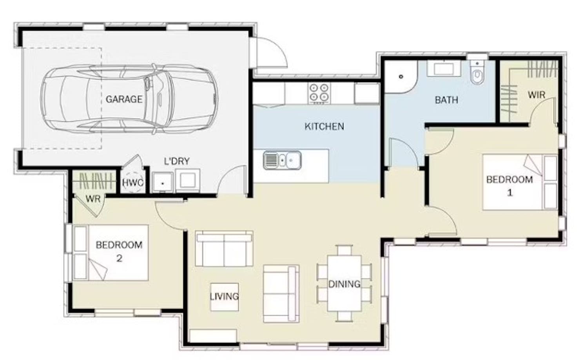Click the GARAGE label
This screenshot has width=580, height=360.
(x=124, y=99)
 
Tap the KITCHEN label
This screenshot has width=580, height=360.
(x=324, y=126)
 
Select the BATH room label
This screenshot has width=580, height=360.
(x=446, y=100)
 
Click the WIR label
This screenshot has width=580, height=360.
(x=536, y=95)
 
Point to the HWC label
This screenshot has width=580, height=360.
(x=133, y=183)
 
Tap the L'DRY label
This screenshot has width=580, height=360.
(x=177, y=161)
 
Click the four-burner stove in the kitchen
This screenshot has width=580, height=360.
(x=319, y=93)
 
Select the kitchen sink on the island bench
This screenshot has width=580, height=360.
(x=282, y=160)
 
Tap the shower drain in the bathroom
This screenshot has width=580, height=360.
(x=401, y=77)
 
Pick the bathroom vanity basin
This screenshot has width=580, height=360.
(x=444, y=69)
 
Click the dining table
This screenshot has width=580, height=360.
(x=344, y=284)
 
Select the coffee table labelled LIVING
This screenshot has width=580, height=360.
(x=225, y=297)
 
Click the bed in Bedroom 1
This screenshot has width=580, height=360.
(x=520, y=182)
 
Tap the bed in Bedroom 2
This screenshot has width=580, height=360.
(x=111, y=253)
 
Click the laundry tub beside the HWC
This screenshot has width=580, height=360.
(x=162, y=182)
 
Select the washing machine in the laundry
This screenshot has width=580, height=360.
(x=187, y=181)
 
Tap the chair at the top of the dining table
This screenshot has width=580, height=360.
(x=344, y=250)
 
